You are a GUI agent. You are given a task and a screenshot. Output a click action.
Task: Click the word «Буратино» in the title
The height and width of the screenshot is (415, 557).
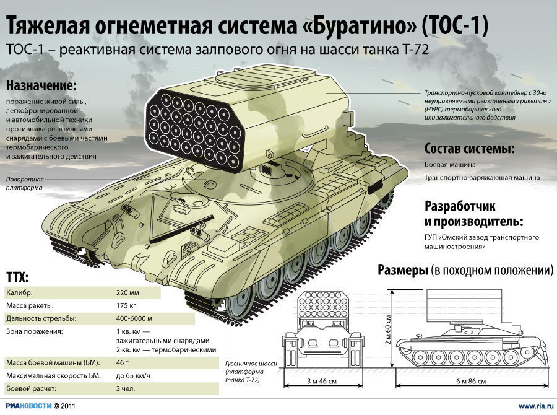point(361,25)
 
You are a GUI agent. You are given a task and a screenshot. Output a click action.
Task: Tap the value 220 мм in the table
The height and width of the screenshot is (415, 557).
point(127,293)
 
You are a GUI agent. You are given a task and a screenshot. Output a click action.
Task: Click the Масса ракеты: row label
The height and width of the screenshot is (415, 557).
point(30,306)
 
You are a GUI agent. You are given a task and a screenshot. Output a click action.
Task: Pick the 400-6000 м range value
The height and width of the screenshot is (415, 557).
point(134,318)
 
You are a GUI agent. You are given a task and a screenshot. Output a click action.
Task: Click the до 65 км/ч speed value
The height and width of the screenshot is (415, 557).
point(133,376)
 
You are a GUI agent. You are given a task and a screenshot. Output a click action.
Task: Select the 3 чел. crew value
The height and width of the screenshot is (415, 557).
point(126,389)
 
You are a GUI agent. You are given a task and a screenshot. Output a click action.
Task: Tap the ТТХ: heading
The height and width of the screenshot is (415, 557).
point(17,277)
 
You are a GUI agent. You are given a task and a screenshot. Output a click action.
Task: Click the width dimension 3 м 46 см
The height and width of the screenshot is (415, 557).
point(322,382)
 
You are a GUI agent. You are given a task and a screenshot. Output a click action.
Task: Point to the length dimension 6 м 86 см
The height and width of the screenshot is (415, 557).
point(471,382)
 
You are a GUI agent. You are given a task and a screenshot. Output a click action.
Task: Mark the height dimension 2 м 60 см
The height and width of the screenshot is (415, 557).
point(387,330)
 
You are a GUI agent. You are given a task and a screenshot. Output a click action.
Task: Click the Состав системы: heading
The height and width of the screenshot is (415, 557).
point(469,149)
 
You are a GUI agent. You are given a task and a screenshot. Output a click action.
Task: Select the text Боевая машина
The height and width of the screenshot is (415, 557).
point(450,165)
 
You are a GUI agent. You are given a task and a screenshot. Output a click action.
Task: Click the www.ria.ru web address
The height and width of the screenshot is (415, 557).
point(536,406)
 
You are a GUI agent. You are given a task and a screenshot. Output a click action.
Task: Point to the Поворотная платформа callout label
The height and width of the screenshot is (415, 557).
point(25,183)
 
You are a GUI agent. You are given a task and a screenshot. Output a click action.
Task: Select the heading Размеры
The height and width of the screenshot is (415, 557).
point(402,270)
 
